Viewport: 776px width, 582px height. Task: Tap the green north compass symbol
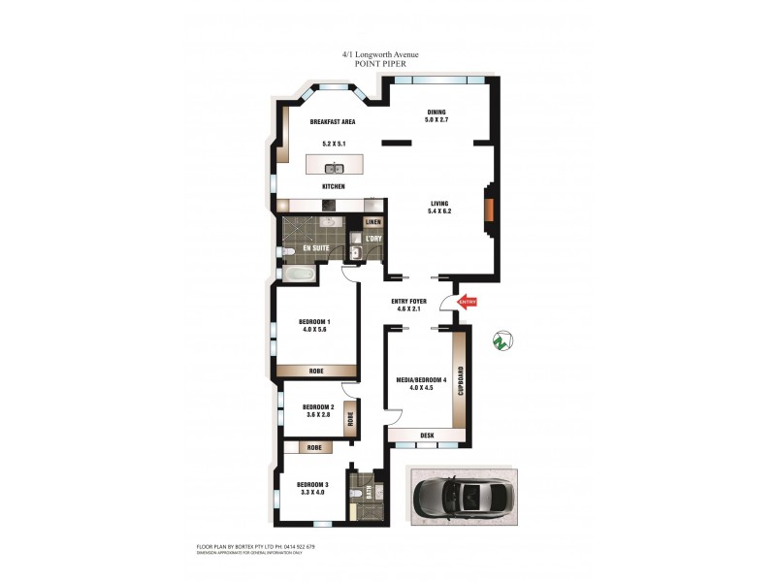coord(501,340)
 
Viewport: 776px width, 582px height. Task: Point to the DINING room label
coord(436,113)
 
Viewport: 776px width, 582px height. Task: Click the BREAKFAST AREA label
coord(332,122)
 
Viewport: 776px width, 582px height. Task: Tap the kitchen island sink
coord(333,169)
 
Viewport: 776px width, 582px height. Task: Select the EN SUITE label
coord(315,249)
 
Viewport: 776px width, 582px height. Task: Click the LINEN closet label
coord(373,223)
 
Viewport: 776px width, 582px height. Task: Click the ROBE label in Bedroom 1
coord(317,371)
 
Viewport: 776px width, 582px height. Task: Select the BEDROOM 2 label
coord(318,406)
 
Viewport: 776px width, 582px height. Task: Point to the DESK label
coord(427,436)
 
